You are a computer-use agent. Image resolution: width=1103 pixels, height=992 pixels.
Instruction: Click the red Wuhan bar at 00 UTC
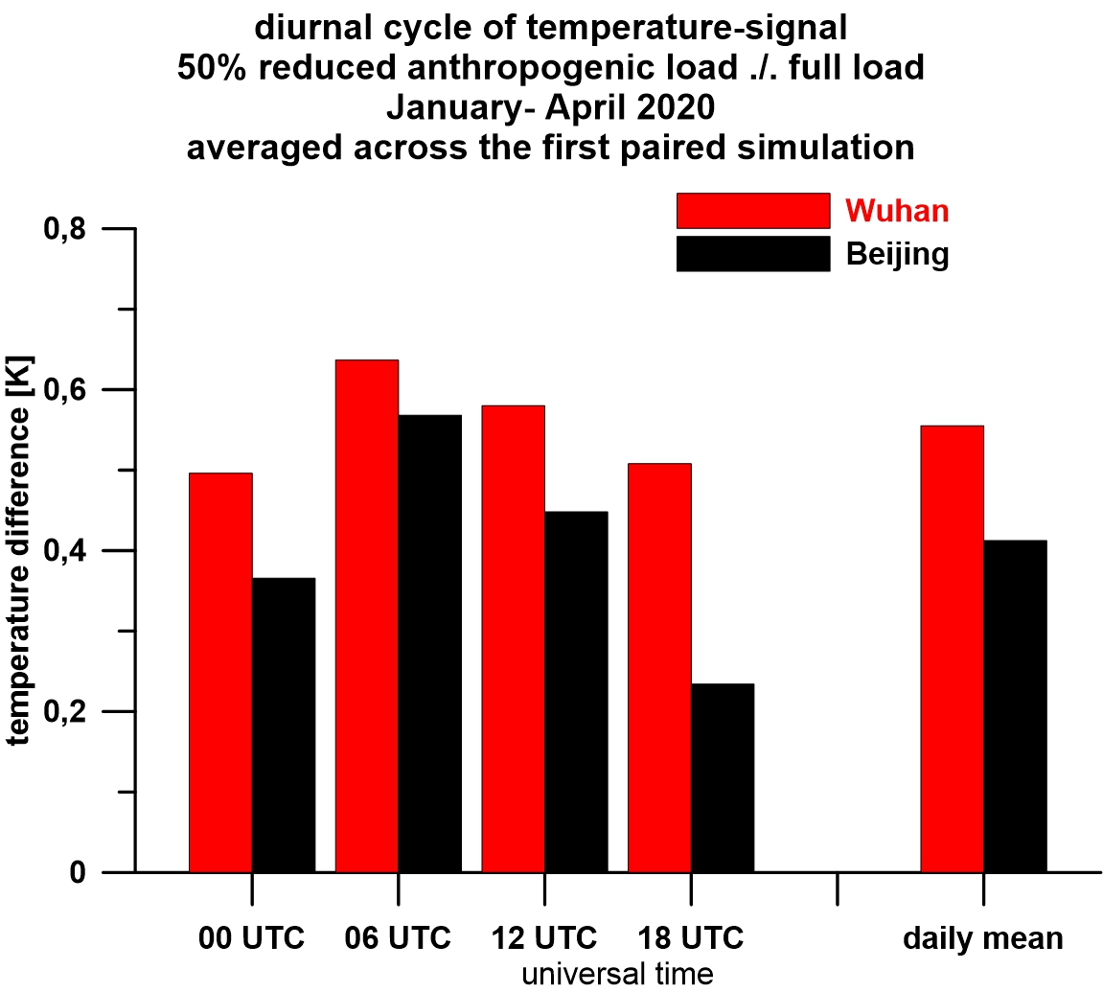click(x=220, y=672)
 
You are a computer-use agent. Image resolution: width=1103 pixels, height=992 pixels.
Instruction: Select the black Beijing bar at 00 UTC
click(x=284, y=725)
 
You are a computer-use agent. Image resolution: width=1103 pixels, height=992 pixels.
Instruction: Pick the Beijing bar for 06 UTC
click(x=429, y=643)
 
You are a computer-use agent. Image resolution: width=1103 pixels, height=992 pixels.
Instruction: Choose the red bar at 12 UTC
click(x=513, y=638)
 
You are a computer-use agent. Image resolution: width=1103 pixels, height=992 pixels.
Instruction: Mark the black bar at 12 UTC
click(x=576, y=691)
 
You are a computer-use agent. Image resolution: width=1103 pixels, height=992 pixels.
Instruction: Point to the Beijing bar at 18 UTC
click(x=723, y=777)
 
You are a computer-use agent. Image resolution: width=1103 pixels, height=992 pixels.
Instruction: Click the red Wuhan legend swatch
click(x=752, y=211)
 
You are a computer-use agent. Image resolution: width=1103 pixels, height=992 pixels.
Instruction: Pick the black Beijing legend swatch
click(x=752, y=254)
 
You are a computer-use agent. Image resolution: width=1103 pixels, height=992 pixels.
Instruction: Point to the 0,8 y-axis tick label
click(x=66, y=230)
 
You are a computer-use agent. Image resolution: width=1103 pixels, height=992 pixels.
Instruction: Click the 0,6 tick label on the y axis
click(x=66, y=391)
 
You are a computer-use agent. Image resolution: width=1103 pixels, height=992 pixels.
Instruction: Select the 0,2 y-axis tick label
click(x=66, y=713)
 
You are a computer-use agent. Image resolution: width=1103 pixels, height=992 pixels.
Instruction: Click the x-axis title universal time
click(x=618, y=974)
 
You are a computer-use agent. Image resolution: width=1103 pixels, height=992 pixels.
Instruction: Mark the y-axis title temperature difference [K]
click(x=19, y=551)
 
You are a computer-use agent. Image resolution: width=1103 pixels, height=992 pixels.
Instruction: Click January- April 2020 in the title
click(x=550, y=105)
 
